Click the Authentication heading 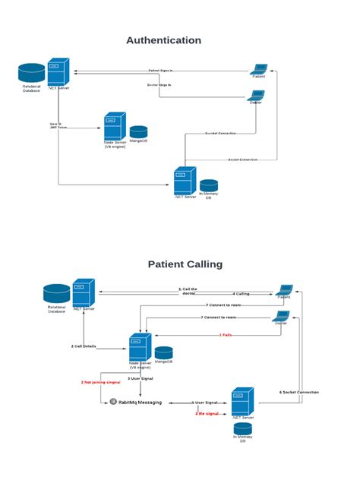click(164, 40)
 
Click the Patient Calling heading click(185, 264)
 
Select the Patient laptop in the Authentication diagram click(258, 68)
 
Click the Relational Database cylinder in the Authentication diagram click(32, 73)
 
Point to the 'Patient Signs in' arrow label click(160, 71)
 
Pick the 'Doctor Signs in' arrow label click(159, 85)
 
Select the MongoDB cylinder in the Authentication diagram click(138, 132)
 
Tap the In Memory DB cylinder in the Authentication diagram click(209, 185)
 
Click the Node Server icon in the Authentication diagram click(114, 125)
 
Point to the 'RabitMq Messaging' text click(140, 402)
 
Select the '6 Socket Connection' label click(299, 392)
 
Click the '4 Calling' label click(241, 293)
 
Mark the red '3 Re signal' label click(207, 414)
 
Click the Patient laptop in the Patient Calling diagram click(284, 290)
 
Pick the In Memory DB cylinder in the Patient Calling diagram click(242, 429)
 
